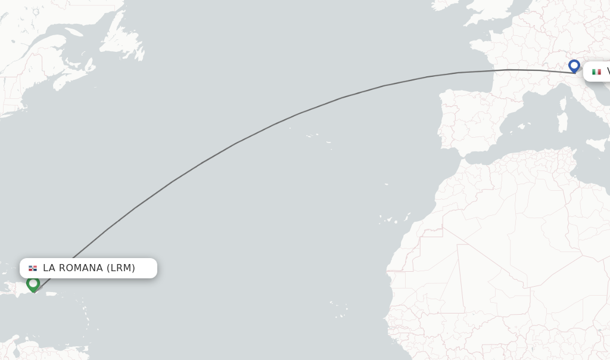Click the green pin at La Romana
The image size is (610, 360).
pos(33,284)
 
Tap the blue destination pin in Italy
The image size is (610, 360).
pos(574,65)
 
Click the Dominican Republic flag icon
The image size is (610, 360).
pos(33,268)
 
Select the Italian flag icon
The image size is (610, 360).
pos(596,72)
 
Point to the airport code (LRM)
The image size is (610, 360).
pos(121,268)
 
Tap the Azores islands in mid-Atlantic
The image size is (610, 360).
pos(316,138)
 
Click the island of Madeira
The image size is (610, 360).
pos(387,184)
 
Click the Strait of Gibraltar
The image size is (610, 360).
pos(460,156)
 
